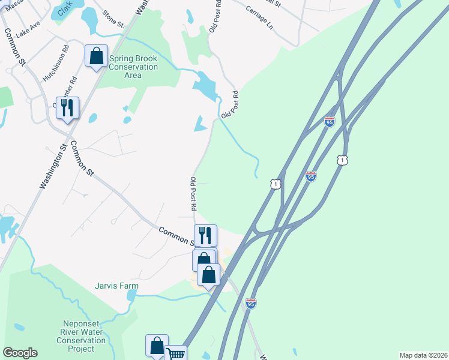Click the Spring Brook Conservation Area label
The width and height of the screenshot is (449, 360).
point(133,67)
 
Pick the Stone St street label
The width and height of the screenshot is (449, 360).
point(112,19)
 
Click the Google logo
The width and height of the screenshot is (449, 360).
point(20,353)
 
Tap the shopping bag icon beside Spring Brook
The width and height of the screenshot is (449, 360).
point(96,56)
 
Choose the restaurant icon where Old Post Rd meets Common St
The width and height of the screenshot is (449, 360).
point(205,235)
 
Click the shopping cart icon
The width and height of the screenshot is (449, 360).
point(175,355)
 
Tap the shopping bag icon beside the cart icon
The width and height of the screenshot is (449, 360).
point(157,346)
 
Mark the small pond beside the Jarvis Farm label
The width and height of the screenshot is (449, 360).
point(131,295)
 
